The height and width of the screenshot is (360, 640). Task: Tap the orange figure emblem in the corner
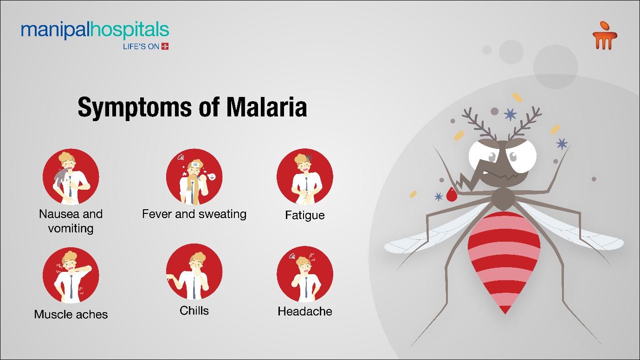[x=604, y=36]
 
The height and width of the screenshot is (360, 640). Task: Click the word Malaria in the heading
[x=266, y=107]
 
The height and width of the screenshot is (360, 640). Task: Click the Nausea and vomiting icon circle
[x=71, y=177]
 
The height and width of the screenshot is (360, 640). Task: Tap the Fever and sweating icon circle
[x=194, y=177]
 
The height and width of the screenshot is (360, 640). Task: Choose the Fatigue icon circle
[x=305, y=177]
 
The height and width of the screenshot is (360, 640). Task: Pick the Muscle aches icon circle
[x=71, y=275]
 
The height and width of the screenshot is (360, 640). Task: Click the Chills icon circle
[x=194, y=271]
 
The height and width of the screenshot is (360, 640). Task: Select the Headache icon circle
[x=305, y=274]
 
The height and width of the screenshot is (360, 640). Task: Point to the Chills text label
[x=194, y=311]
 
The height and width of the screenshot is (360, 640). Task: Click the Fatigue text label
[x=305, y=215]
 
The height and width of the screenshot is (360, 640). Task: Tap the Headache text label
[x=305, y=311]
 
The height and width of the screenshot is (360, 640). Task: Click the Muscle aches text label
[x=71, y=315]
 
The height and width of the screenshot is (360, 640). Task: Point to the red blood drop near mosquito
[x=451, y=195]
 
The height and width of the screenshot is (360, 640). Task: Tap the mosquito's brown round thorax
[x=504, y=199]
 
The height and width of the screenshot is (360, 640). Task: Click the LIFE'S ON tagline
[x=146, y=46]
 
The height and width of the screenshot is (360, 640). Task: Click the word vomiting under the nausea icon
[x=71, y=229]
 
